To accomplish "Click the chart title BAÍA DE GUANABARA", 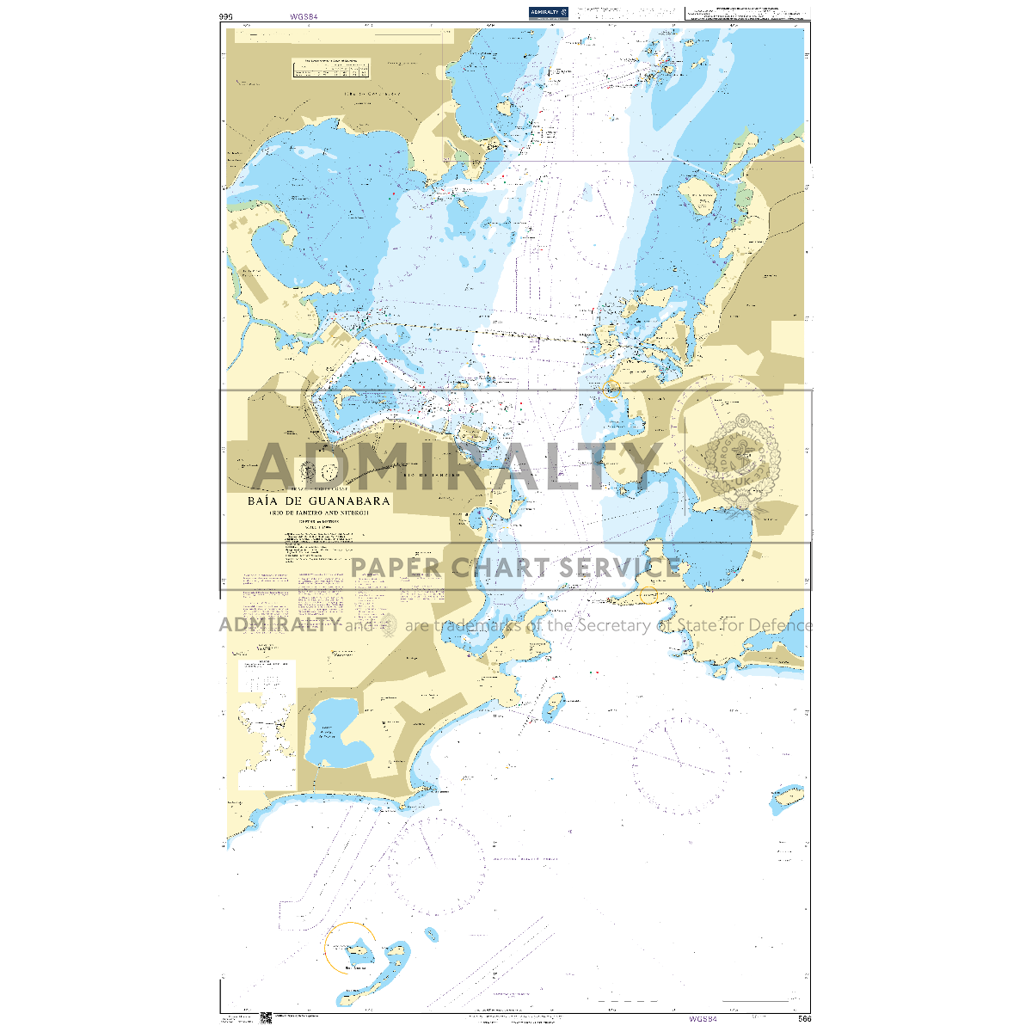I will (x=318, y=501).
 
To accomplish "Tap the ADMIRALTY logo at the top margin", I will (x=549, y=13).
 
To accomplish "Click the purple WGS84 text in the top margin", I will (x=303, y=16).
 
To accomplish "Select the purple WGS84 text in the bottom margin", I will (x=703, y=1019).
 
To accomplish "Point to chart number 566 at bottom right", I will (x=804, y=1019).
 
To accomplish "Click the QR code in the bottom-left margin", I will (x=266, y=1018).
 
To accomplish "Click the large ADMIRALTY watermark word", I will (x=456, y=466).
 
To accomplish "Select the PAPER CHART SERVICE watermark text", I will (x=516, y=568).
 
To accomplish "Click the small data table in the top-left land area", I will (x=331, y=69).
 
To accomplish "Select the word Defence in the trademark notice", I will (x=777, y=625).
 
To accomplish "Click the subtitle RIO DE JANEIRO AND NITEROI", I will (x=318, y=513).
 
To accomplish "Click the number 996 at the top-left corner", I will (x=226, y=16).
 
